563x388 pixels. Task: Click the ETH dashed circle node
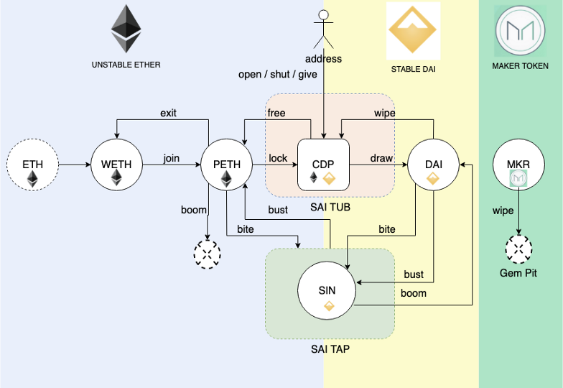click(32, 165)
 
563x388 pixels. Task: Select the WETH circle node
click(116, 165)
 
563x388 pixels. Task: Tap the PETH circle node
click(226, 165)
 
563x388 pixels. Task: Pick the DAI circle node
click(433, 165)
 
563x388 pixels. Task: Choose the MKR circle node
click(518, 165)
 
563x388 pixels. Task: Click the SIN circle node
click(327, 291)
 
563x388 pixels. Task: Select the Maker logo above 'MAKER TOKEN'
click(520, 30)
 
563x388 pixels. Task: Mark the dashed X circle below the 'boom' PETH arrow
click(208, 253)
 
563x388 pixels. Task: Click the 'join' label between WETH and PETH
click(172, 158)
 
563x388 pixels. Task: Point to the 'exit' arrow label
click(168, 113)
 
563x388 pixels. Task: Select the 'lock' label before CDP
click(278, 158)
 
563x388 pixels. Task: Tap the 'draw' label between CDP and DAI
click(381, 158)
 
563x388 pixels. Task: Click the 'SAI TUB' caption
click(330, 208)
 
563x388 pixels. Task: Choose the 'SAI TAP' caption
click(330, 350)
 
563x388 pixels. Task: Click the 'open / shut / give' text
click(278, 75)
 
